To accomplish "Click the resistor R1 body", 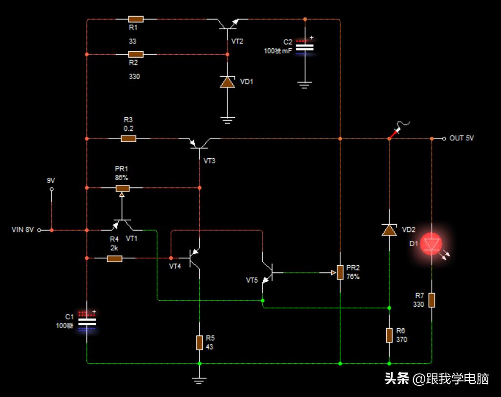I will click(136, 19).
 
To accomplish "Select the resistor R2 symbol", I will click(136, 54).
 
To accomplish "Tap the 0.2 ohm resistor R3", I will click(128, 139).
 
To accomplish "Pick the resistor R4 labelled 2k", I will click(114, 258).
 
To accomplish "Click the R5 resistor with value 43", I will click(199, 343).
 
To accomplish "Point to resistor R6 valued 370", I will click(389, 335).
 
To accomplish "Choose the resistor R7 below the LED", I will click(432, 300).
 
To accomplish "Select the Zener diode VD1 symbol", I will click(228, 82).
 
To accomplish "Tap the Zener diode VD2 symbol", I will click(389, 230).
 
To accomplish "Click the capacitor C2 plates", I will click(305, 47).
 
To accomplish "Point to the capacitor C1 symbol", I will click(87, 322).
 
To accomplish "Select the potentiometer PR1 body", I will click(122, 188).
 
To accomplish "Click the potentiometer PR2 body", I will click(340, 272).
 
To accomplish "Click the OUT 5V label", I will click(461, 138).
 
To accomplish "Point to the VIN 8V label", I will click(23, 230).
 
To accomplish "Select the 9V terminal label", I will click(51, 180).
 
